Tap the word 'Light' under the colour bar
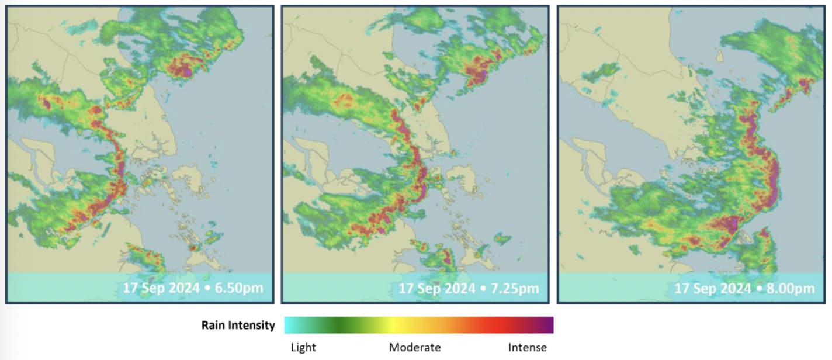(x=303, y=348)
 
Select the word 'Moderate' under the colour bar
(x=415, y=348)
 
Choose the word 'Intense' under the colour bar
(x=527, y=348)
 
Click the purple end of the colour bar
(x=548, y=325)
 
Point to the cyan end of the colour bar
(x=290, y=325)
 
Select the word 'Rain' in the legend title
(x=213, y=326)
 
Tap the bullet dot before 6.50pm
(x=210, y=288)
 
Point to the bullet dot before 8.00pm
(x=761, y=288)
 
